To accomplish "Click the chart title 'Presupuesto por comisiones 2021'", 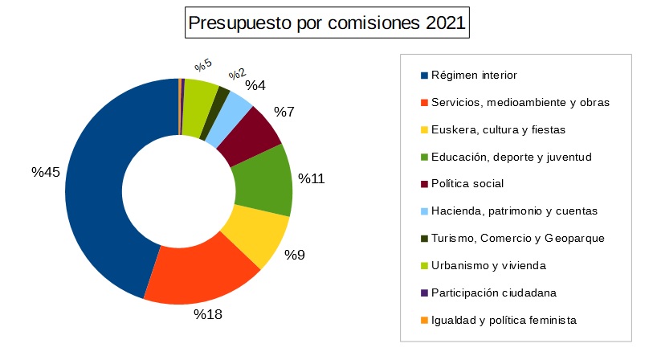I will (326, 22).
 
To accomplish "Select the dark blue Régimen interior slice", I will (104, 193).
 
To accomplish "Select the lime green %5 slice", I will (198, 100).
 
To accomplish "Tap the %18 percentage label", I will (207, 314).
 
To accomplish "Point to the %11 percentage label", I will (312, 178).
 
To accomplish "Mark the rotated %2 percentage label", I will (237, 75).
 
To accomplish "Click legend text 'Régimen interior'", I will (474, 76).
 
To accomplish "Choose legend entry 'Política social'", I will (467, 184).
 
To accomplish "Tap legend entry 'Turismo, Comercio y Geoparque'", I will (517, 239).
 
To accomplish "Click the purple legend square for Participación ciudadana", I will (423, 293).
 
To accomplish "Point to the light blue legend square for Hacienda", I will (423, 211).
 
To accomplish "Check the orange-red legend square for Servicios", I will (423, 103).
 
